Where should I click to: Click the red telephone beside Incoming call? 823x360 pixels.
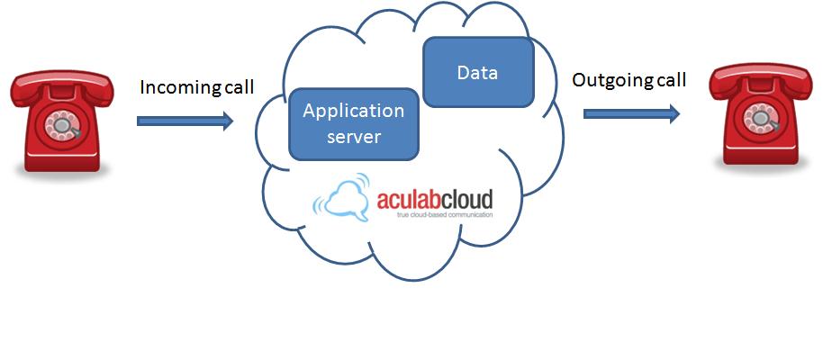point(62,121)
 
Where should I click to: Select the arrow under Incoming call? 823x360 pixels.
point(185,121)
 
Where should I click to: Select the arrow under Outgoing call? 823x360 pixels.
point(630,113)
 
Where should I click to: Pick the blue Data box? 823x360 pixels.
point(477,72)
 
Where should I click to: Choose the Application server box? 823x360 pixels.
point(353,123)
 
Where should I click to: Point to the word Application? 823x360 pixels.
point(353,112)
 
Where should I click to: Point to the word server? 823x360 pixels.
point(353,137)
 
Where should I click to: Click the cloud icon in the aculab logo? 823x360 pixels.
point(344,198)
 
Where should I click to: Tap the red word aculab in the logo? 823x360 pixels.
point(409,198)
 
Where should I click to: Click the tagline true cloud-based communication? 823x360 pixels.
point(435,215)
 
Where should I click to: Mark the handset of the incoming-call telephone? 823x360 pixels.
point(62,86)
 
